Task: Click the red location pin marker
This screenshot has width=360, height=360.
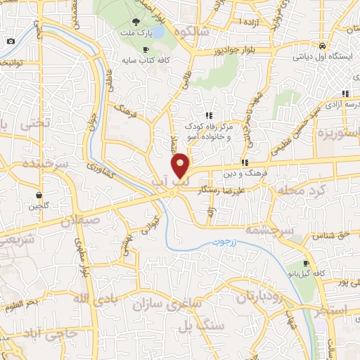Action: (181, 165)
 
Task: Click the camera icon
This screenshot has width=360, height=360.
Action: (11, 41)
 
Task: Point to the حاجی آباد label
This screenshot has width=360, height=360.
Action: (51, 331)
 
